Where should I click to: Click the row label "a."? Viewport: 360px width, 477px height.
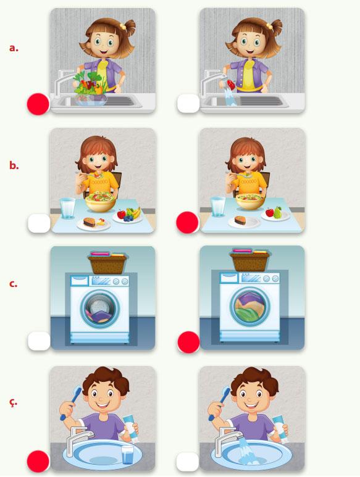(14, 48)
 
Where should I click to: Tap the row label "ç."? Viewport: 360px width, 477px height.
(14, 402)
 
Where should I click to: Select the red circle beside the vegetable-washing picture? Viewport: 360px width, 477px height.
(38, 104)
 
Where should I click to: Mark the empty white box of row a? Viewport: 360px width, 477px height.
(188, 104)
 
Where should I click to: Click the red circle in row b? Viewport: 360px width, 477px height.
(188, 222)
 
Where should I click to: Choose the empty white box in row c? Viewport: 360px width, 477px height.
(39, 341)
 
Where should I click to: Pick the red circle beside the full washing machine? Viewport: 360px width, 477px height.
(189, 342)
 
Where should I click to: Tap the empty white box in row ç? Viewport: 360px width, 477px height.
(188, 462)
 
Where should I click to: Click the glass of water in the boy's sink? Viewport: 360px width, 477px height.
(127, 455)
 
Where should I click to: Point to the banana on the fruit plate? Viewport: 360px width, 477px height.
(136, 212)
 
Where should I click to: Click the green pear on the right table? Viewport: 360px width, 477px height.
(277, 212)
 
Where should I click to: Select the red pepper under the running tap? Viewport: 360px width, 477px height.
(231, 85)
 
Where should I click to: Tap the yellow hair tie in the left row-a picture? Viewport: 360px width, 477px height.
(123, 27)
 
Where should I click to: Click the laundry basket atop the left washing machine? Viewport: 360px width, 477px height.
(107, 263)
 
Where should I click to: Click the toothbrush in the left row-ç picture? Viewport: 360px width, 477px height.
(71, 403)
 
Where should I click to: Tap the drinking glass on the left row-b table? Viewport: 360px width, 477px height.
(67, 208)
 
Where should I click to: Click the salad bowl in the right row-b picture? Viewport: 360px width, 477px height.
(250, 201)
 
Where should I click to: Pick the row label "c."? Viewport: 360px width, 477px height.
(14, 284)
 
